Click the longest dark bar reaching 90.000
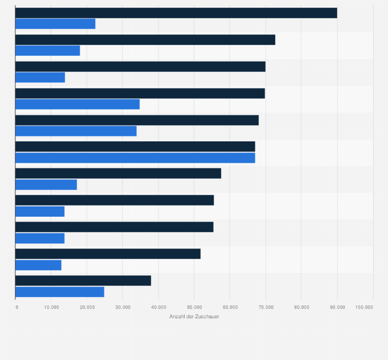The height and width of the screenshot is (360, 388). tap(176, 13)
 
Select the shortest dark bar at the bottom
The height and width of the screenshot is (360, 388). tap(83, 281)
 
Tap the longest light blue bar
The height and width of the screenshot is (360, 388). tap(135, 158)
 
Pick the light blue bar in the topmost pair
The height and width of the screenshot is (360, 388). tap(55, 24)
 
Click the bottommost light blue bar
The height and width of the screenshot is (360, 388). tap(60, 292)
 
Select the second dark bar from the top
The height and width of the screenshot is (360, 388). tap(145, 40)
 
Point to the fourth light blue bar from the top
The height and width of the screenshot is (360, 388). tap(77, 104)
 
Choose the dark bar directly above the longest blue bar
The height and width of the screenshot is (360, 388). tap(135, 147)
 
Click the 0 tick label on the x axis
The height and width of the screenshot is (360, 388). tap(17, 307)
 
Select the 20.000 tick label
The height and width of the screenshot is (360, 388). tap(87, 307)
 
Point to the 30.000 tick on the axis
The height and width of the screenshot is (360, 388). tap(122, 307)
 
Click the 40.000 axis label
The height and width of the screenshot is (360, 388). tap(158, 307)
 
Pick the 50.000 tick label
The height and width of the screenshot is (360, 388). tap(194, 307)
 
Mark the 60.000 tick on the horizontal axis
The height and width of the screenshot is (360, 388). tap(230, 307)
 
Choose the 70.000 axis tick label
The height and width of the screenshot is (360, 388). tap(266, 307)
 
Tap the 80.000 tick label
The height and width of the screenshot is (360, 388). tap(302, 307)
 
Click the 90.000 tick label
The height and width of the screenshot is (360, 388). tap(337, 307)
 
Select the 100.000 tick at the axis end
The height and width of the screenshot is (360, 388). tap(364, 307)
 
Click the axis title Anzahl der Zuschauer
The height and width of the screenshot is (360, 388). tap(194, 316)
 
